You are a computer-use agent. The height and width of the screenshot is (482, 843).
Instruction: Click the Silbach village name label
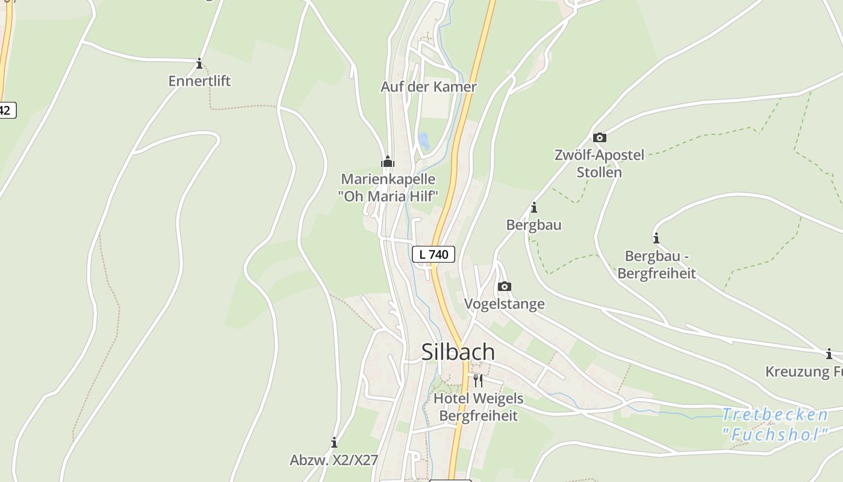[458, 352]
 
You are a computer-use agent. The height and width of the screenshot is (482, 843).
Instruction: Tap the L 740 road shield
[434, 254]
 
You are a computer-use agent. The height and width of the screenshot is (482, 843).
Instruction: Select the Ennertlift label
[199, 81]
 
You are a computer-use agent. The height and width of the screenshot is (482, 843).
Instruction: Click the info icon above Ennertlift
[199, 63]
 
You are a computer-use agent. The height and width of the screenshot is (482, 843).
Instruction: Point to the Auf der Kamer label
[428, 87]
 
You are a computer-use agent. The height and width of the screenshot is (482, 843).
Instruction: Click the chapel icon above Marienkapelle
[388, 161]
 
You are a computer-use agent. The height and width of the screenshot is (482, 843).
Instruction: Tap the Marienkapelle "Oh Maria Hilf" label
[388, 187]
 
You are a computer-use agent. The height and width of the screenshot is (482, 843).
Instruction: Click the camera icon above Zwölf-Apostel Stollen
[599, 138]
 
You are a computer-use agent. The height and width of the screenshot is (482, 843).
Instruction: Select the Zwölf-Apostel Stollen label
[599, 163]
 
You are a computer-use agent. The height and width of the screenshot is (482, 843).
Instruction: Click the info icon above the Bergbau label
[533, 208]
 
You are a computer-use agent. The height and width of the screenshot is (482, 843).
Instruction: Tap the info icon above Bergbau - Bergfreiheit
[656, 238]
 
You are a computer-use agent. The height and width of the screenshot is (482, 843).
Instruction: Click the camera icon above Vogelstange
[505, 286]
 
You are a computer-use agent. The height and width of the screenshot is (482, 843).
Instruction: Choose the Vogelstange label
[505, 304]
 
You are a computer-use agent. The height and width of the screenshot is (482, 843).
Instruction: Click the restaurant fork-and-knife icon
[477, 380]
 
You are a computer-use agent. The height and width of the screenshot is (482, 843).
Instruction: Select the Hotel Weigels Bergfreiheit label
[478, 407]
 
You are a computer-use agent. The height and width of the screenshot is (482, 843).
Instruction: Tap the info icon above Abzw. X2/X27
[334, 443]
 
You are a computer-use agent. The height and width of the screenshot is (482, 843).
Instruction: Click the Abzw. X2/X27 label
[334, 460]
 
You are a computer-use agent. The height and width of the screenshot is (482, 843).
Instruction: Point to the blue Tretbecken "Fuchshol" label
[775, 424]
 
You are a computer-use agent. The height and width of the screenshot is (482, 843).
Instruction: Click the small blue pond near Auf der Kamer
[424, 142]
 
